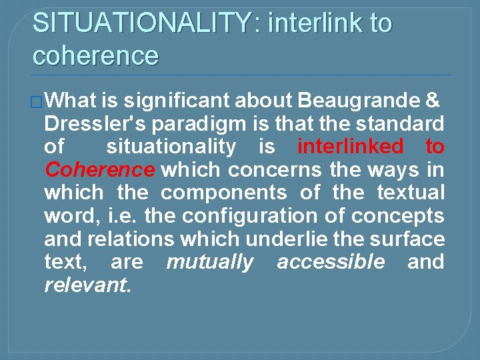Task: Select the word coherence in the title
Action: (95, 55)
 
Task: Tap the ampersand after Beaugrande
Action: (431, 101)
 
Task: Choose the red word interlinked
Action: (350, 147)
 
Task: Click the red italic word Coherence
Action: (99, 170)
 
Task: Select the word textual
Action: (410, 193)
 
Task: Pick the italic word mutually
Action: (210, 262)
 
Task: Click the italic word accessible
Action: (331, 262)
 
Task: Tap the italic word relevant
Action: (86, 285)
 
